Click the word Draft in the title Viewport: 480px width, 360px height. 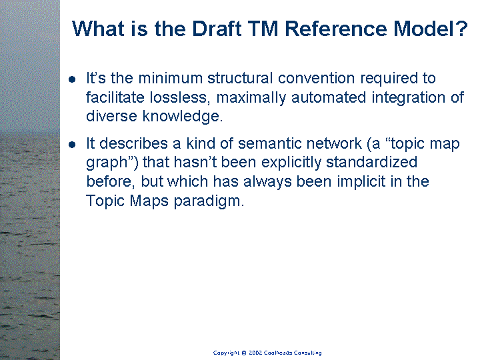[x=217, y=29]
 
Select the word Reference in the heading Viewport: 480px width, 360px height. [x=336, y=29]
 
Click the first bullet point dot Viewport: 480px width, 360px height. [x=72, y=79]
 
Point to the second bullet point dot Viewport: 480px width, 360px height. [x=72, y=145]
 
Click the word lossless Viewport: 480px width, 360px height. [x=180, y=97]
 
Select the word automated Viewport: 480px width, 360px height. [x=329, y=97]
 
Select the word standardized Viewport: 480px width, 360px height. [x=371, y=162]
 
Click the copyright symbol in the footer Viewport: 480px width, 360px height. [x=244, y=353]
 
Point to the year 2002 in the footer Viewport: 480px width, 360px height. [x=255, y=353]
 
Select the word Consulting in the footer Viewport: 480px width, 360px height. [x=307, y=353]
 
